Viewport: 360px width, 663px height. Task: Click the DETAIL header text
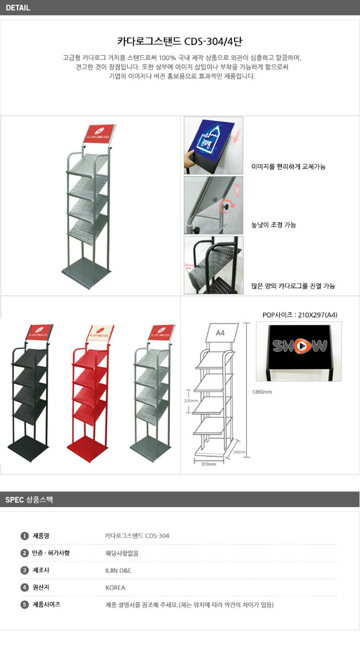[18, 8]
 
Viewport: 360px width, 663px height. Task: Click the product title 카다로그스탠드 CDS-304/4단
[179, 41]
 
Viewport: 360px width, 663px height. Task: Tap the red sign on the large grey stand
[100, 135]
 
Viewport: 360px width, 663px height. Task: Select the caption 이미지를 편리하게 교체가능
[289, 167]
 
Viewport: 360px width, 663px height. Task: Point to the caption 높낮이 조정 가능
[273, 225]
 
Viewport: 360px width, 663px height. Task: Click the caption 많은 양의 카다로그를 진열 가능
[293, 286]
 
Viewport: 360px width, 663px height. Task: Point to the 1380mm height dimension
[262, 392]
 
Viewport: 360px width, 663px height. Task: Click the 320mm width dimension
[209, 465]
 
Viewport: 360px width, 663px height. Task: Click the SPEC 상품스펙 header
[29, 499]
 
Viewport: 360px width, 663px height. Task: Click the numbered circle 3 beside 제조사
[24, 570]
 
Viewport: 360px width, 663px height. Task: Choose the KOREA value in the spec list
[115, 588]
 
